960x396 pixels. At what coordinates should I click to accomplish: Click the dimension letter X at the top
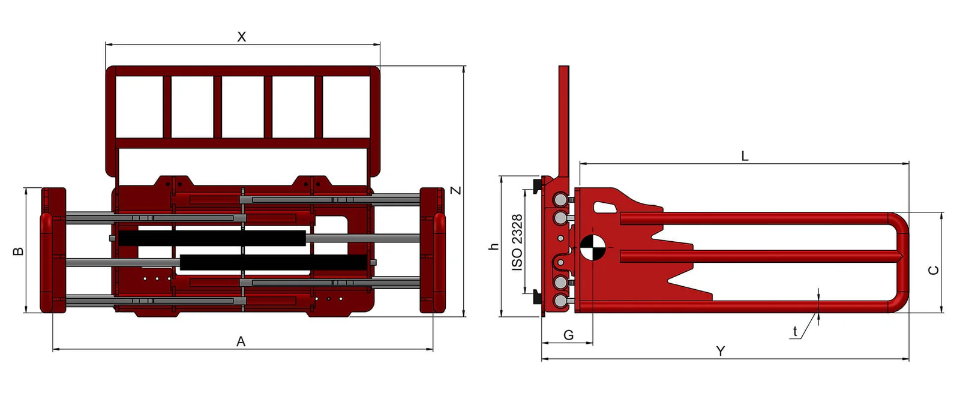point(242,37)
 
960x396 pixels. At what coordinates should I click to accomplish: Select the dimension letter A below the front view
point(241,341)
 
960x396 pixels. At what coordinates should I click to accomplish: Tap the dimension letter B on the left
point(19,251)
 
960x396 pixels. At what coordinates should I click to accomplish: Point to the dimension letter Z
point(457,190)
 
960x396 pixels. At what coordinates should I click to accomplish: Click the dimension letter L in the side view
point(745,156)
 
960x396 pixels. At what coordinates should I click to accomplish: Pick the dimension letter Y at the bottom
point(721,352)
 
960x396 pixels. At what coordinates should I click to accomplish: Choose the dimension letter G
point(568,335)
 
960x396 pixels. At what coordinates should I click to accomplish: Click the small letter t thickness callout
point(795,331)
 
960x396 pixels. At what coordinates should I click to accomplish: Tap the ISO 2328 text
point(517,242)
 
